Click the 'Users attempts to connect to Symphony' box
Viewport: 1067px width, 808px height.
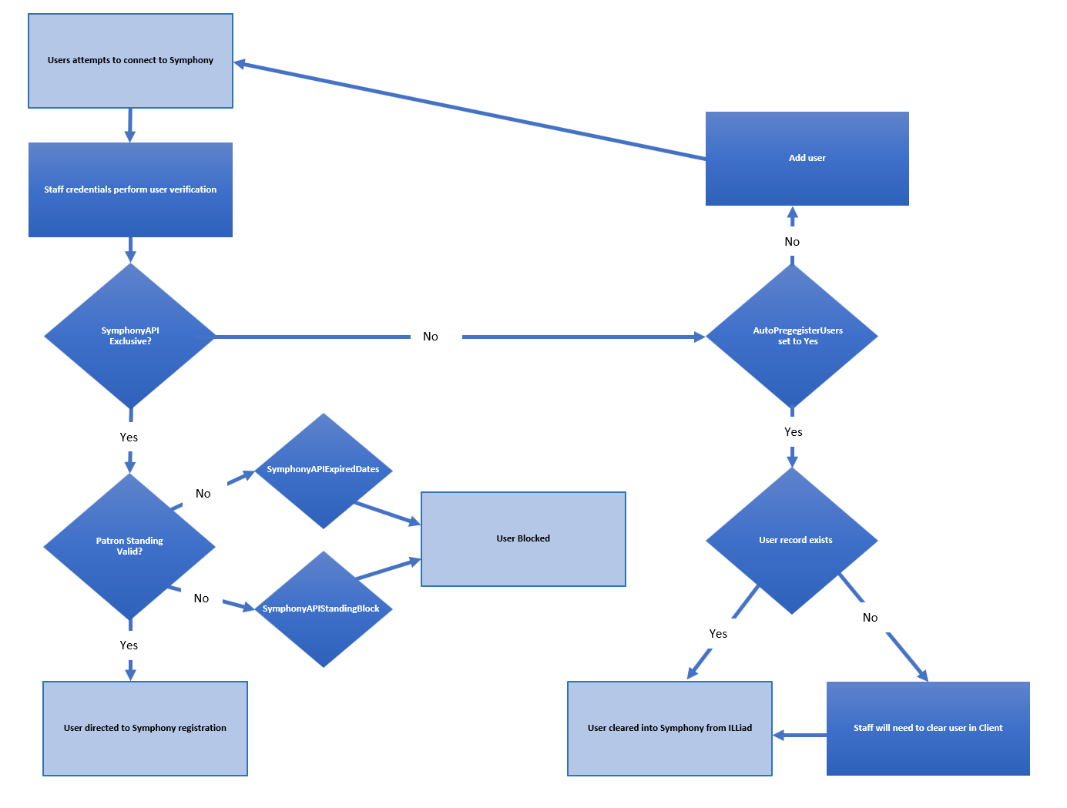[x=130, y=61]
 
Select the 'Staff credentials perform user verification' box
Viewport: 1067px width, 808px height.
[x=130, y=189]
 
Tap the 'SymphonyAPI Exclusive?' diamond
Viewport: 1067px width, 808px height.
[x=130, y=336]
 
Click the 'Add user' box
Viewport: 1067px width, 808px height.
[x=807, y=159]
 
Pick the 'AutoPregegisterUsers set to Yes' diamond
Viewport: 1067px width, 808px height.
[x=792, y=336]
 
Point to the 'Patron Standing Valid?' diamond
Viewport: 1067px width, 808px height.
[x=129, y=546]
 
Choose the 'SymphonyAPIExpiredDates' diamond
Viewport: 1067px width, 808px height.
[x=324, y=470]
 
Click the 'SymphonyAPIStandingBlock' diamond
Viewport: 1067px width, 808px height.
[x=324, y=609]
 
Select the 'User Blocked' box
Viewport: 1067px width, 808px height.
[x=523, y=539]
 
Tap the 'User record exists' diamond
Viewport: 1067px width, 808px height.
[x=792, y=540]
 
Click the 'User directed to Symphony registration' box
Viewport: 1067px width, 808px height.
[x=145, y=728]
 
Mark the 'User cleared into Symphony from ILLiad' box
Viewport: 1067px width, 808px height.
[x=669, y=728]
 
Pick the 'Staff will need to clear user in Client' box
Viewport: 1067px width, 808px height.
[x=928, y=728]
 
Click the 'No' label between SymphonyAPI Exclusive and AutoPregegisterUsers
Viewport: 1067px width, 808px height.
[x=431, y=337]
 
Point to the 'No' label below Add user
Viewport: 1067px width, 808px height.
[x=792, y=242]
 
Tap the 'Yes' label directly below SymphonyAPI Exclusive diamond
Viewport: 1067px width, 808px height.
[x=129, y=438]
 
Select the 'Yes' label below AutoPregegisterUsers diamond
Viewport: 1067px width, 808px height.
[x=793, y=432]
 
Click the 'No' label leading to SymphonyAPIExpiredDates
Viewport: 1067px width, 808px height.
[x=203, y=494]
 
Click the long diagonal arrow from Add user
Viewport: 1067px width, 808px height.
[x=470, y=111]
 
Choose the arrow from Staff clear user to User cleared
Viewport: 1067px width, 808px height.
[x=800, y=736]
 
